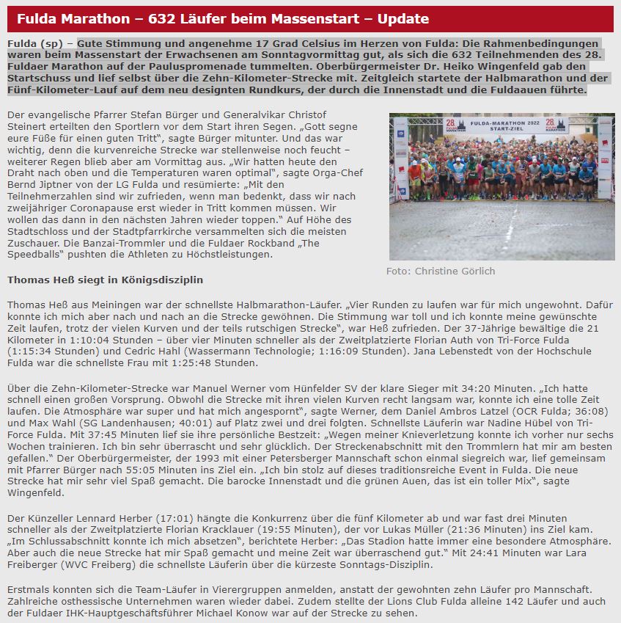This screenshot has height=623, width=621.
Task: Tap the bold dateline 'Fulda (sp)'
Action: pyautogui.click(x=35, y=43)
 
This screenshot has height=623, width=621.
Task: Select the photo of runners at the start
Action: pyautogui.click(x=501, y=186)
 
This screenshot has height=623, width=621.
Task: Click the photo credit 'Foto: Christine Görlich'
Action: pyautogui.click(x=441, y=271)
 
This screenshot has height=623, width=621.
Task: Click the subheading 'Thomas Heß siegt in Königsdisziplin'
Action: pyautogui.click(x=105, y=280)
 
